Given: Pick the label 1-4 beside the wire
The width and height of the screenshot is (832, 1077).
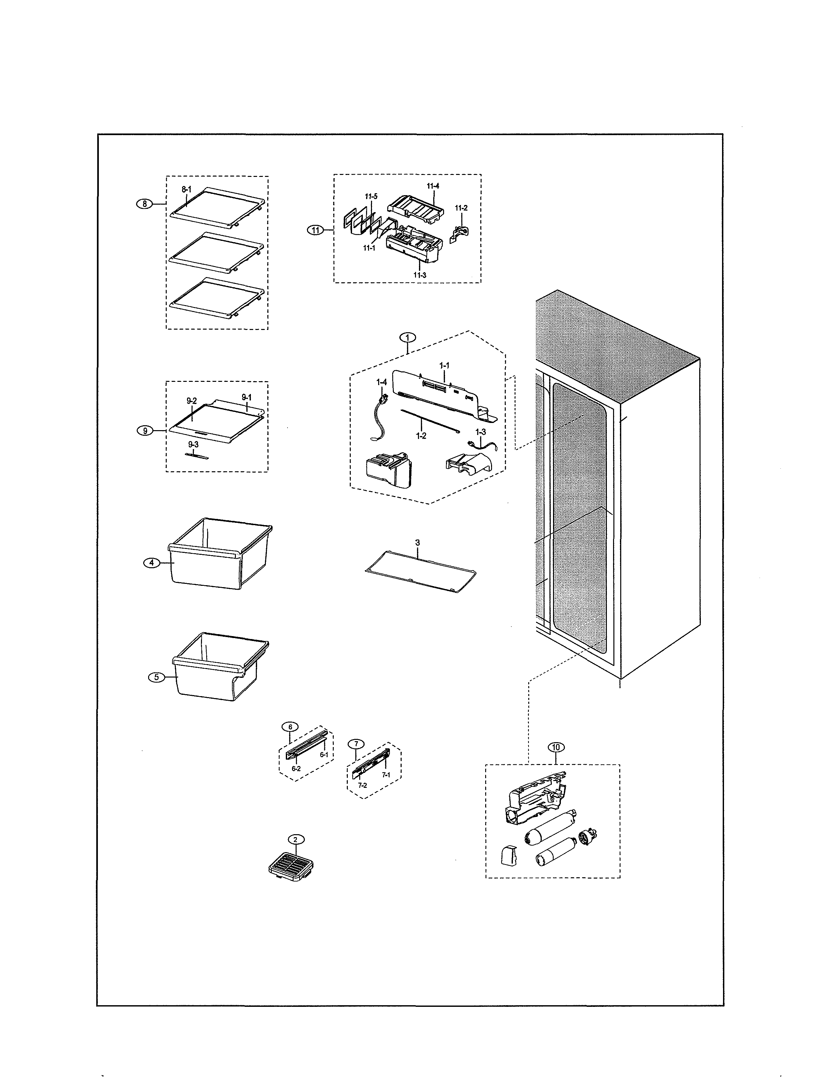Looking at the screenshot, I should (381, 382).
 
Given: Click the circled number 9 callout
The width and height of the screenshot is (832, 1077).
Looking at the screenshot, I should (145, 430).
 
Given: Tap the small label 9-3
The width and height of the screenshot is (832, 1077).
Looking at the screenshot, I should (193, 444).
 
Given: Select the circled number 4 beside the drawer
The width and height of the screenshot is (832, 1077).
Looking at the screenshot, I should (151, 563).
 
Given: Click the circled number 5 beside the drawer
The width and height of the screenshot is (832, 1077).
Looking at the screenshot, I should (156, 677).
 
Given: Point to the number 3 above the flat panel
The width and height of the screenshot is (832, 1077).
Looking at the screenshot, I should (418, 542).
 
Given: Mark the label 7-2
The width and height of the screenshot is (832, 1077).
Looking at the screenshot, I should (362, 785).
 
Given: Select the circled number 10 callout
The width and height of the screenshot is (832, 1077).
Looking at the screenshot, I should (556, 747).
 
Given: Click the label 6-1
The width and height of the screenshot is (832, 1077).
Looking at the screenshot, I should (324, 755).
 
